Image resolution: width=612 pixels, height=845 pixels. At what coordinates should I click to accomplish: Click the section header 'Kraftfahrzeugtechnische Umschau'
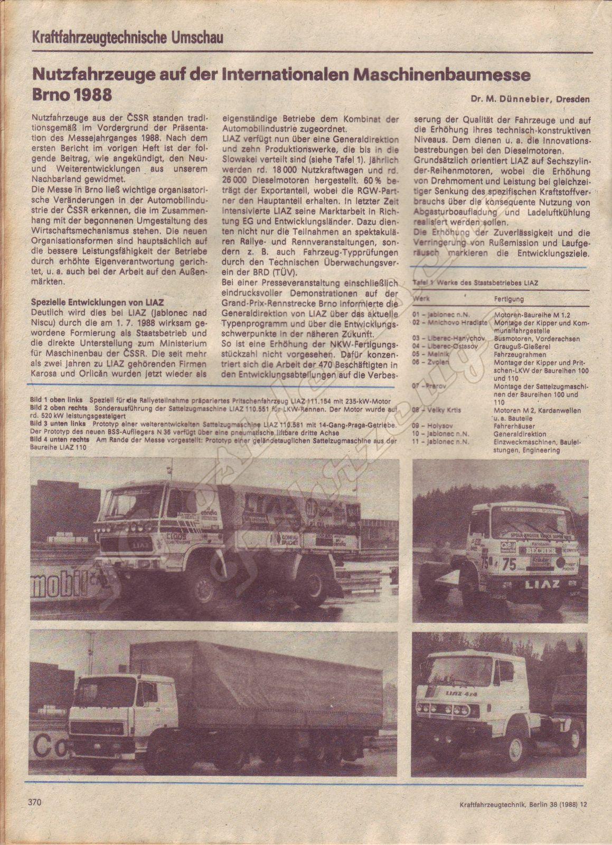(127, 38)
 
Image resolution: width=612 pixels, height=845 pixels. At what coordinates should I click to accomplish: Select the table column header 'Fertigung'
(509, 299)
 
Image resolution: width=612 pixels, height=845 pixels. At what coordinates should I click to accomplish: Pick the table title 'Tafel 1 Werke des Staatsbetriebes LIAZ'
(476, 283)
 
